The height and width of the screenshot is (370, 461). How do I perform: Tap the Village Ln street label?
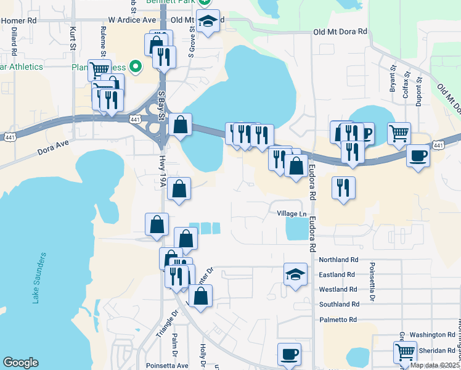tap(292, 213)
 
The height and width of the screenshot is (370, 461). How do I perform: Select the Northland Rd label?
tap(338, 260)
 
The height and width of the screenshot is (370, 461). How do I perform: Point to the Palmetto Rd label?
tap(338, 319)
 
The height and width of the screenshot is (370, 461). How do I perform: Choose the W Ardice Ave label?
tap(132, 20)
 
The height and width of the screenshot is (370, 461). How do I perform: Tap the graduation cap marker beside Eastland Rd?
tap(295, 273)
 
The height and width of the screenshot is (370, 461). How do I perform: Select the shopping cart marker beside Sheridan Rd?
tap(405, 351)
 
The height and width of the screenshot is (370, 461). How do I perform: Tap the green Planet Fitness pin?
tap(138, 67)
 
